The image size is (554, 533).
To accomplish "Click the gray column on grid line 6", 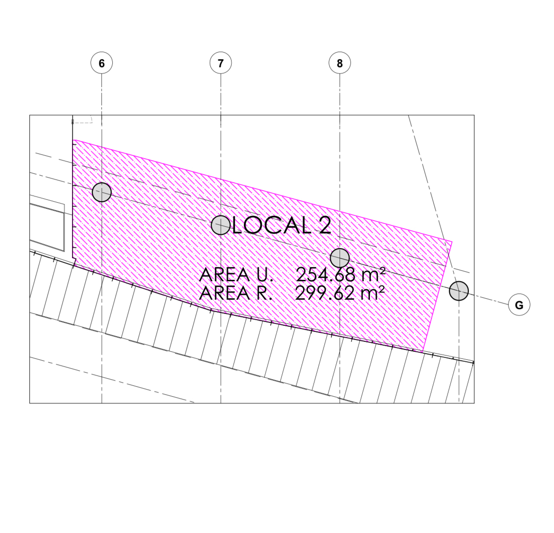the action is coord(102,192).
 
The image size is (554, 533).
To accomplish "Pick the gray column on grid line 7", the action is coord(221,225).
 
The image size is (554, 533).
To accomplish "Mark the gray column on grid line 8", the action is coord(340,258).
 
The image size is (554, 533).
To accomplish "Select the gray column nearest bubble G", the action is coord(459,291).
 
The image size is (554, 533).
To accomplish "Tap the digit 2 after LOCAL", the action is coord(325,225).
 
